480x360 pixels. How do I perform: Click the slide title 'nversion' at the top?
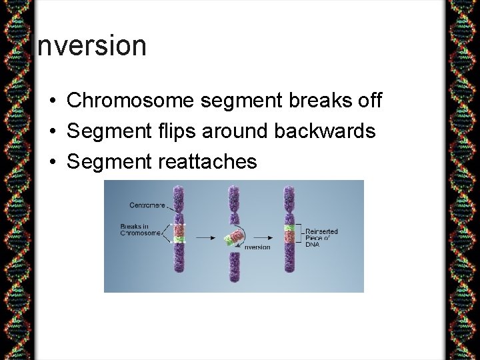90,45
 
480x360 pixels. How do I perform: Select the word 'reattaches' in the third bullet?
208,161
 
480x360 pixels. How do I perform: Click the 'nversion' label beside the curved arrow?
257,247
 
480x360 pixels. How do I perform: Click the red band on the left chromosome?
178,229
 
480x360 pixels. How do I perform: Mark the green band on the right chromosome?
289,227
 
